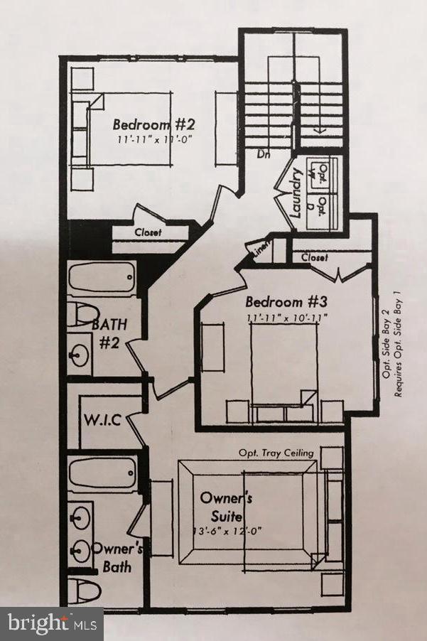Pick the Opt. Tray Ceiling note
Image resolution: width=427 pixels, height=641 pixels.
pos(277,453)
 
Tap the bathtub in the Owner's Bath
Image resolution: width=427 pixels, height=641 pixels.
pos(104,473)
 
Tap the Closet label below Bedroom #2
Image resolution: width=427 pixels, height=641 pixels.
pos(148,232)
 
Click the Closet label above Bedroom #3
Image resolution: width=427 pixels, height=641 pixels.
pos(314,258)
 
